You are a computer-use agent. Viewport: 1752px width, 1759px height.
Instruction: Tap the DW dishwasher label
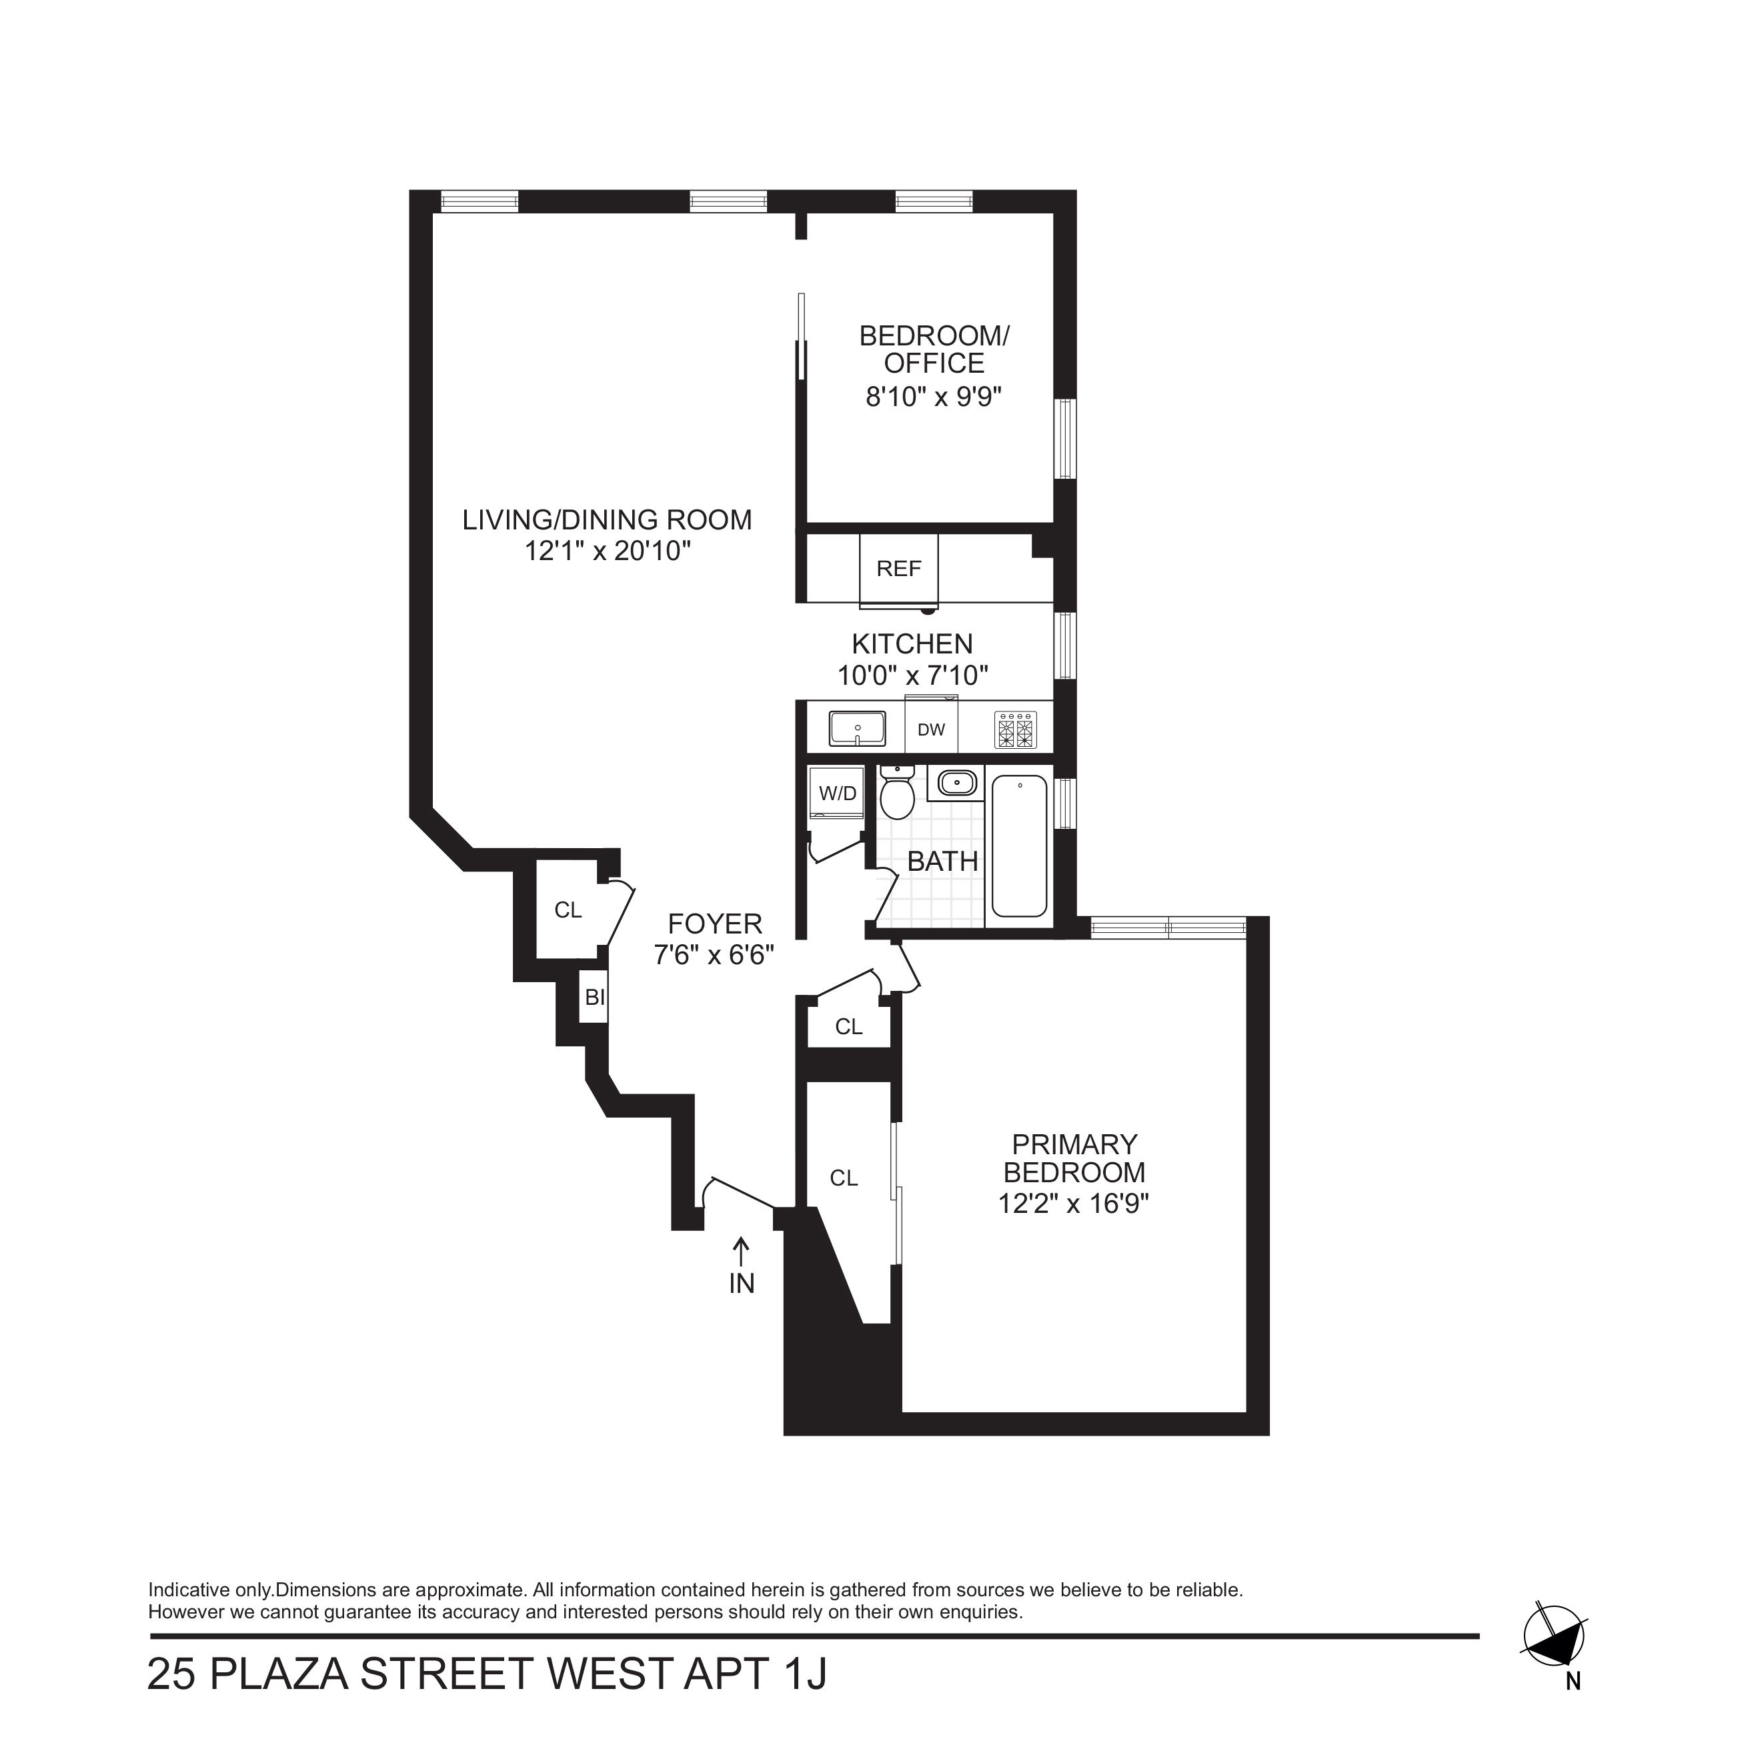930,729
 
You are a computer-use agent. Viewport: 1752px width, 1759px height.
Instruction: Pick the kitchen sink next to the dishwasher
857,728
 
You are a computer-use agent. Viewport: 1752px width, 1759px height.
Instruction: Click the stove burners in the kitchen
1015,729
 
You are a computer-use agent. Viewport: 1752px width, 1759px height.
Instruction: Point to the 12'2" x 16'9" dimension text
1074,1204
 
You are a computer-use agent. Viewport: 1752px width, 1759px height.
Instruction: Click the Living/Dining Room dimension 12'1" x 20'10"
608,551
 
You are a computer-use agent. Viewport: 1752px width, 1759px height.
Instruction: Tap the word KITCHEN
912,643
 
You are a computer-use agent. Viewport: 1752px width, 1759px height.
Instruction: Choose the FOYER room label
715,924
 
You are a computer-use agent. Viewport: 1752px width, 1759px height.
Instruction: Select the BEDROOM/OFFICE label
934,349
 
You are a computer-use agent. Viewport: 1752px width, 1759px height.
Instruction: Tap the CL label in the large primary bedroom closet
843,1178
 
